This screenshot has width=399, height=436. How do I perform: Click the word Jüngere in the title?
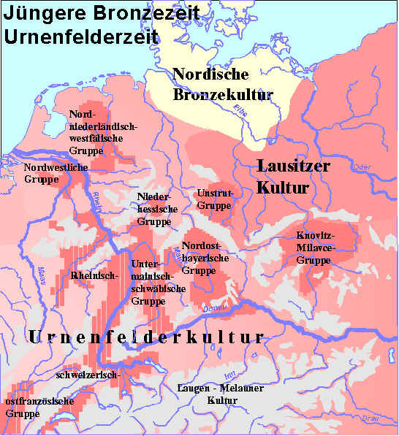(37, 13)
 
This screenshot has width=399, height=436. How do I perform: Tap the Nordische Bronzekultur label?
(222, 85)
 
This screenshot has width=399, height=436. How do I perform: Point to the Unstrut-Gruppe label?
(217, 199)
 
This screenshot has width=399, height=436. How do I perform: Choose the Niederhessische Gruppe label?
(154, 209)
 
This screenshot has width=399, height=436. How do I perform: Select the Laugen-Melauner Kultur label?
(220, 394)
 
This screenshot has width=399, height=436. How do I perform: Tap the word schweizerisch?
(87, 375)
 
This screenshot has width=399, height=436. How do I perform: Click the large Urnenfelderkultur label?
(145, 337)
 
